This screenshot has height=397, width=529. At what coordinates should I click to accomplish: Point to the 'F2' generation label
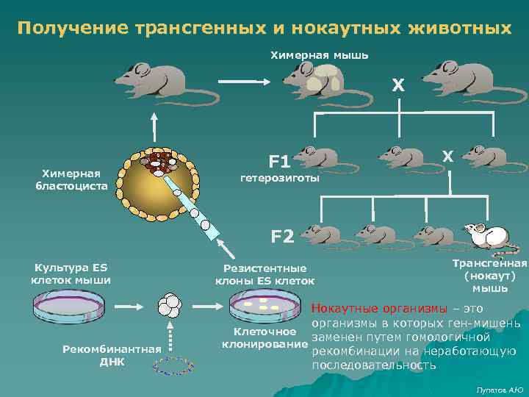283,236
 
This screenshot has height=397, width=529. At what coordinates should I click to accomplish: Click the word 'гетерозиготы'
280,179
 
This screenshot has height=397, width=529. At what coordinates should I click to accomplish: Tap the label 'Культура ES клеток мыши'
71,273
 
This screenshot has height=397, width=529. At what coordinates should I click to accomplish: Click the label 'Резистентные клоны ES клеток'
264,275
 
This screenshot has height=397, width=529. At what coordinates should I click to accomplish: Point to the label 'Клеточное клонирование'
264,339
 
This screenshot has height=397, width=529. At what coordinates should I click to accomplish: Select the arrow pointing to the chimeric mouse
245,81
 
